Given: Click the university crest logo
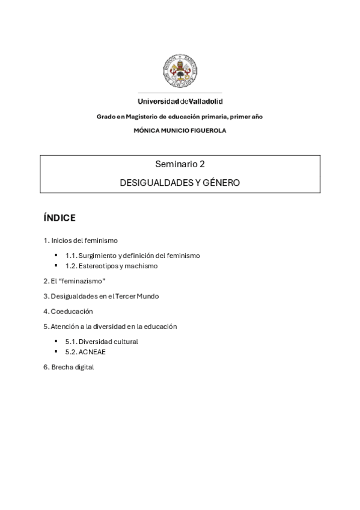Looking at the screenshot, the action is click(180, 72).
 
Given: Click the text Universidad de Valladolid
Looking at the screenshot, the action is click(180, 102).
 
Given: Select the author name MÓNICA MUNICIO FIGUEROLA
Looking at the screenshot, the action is click(180, 131).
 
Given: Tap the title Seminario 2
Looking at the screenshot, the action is click(180, 164).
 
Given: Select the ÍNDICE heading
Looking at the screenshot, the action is click(59, 218).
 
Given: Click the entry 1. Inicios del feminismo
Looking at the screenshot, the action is click(81, 241).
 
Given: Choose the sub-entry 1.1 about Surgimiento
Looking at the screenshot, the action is click(132, 256).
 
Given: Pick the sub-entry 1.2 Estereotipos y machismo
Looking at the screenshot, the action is click(111, 266).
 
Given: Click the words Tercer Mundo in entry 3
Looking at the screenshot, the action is click(139, 296).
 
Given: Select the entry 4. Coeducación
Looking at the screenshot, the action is click(68, 312).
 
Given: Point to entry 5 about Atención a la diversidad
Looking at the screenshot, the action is click(110, 327).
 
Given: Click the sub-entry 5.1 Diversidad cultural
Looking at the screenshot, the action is click(102, 342).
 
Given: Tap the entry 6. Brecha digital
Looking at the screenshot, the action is click(69, 367).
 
